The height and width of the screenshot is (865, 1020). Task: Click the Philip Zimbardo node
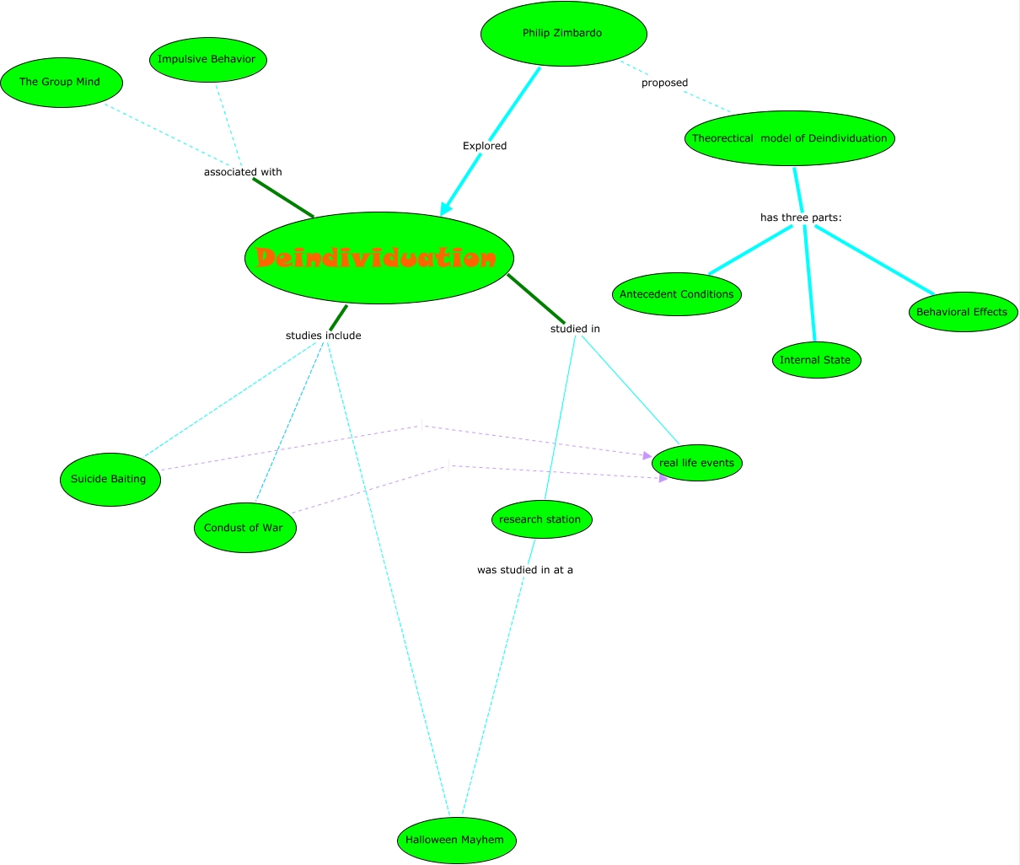[x=563, y=34]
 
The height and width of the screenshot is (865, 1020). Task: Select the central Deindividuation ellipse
[x=379, y=258]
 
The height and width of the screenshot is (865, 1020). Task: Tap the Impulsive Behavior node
[x=207, y=60]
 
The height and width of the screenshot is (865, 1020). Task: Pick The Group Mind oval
[x=61, y=83]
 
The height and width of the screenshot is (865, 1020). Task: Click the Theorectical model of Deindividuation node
[x=789, y=138]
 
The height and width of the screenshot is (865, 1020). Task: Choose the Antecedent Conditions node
[x=677, y=294]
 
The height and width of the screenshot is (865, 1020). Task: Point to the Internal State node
[x=815, y=360]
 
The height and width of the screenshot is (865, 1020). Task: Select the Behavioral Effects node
[x=962, y=312]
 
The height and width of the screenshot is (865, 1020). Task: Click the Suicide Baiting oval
[x=110, y=479]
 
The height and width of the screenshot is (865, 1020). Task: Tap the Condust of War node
[x=244, y=528]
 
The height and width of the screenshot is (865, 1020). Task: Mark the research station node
[x=541, y=519]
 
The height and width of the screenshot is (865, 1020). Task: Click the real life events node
[x=697, y=463]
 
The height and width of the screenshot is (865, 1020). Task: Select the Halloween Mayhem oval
[x=455, y=840]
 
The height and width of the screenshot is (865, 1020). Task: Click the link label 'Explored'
[x=485, y=146]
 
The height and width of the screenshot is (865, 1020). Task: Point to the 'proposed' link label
[x=664, y=83]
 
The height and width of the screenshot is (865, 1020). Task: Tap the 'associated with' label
[x=243, y=172]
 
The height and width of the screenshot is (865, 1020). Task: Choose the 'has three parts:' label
[x=801, y=218]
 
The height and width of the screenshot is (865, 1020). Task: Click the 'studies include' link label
[x=323, y=336]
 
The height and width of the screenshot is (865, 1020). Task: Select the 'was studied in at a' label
[x=524, y=570]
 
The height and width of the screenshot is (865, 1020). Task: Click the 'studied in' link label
[x=575, y=329]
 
